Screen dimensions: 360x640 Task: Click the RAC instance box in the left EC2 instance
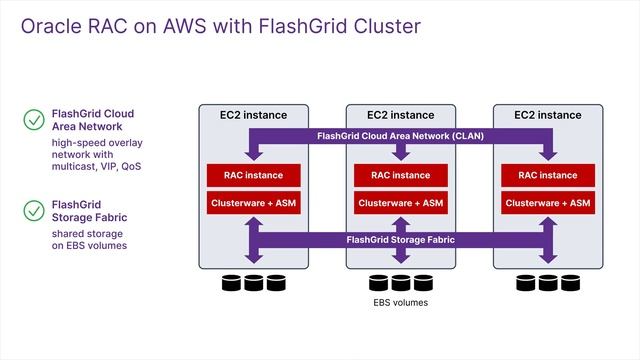pyautogui.click(x=254, y=174)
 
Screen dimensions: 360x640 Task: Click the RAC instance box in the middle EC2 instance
pyautogui.click(x=400, y=174)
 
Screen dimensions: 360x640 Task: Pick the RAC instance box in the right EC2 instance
pyautogui.click(x=546, y=174)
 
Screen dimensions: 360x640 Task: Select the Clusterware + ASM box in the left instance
pyautogui.click(x=254, y=204)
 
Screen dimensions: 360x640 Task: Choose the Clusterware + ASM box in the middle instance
pyautogui.click(x=400, y=204)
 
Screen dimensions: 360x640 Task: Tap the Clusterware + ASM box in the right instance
pyautogui.click(x=546, y=204)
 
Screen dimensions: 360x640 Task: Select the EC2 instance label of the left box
pyautogui.click(x=254, y=115)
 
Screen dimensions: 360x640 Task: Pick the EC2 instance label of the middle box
pyautogui.click(x=400, y=115)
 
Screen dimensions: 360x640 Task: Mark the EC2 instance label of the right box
pyautogui.click(x=546, y=115)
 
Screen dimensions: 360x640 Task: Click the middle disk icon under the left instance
pyautogui.click(x=254, y=282)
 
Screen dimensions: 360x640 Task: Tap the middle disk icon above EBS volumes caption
pyautogui.click(x=400, y=282)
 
